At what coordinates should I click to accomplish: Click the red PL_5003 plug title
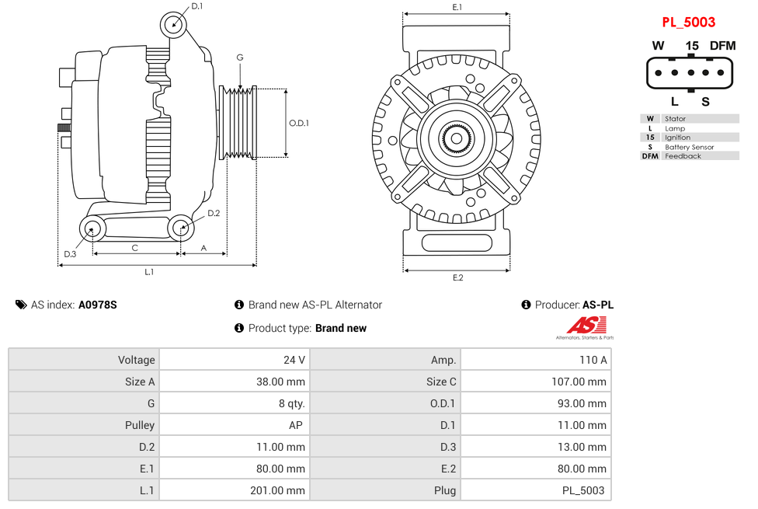click(688, 23)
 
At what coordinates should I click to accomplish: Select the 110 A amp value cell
click(593, 360)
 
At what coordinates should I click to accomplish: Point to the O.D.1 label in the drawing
click(299, 123)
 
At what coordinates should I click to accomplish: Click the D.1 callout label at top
click(196, 6)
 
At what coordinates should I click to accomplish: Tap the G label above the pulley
click(240, 58)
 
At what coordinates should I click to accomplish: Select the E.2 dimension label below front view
click(457, 278)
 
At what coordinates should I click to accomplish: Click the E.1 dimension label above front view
click(457, 7)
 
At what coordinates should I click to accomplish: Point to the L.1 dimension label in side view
click(149, 272)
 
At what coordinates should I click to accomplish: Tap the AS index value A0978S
click(98, 305)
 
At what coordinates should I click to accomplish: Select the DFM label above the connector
click(721, 46)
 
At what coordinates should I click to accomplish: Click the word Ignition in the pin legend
click(677, 138)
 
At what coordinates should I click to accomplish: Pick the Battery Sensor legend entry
click(689, 147)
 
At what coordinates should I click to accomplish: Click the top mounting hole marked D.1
click(174, 24)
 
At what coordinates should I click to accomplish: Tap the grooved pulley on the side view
click(240, 123)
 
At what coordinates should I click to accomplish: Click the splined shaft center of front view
click(457, 139)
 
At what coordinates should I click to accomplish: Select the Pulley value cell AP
click(295, 425)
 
